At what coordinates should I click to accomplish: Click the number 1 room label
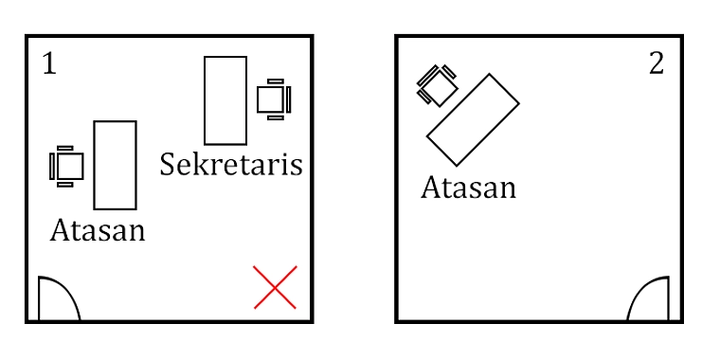coord(49,63)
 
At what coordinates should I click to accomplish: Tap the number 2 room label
coord(657,63)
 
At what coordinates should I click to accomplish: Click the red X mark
coord(275,287)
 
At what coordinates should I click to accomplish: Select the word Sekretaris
coord(231,165)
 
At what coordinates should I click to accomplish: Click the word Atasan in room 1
coord(98,230)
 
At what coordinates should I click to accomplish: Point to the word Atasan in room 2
coord(468,188)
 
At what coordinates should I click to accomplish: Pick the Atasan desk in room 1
coord(116,165)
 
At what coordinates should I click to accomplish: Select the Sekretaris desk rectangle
coord(225,100)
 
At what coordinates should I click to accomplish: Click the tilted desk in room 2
coord(473,119)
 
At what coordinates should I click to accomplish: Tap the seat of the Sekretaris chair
coord(270,99)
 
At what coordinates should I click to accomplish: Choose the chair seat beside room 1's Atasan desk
coord(70,166)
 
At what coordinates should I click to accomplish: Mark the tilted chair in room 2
coord(437,85)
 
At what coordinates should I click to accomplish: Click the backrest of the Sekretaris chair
coord(289,99)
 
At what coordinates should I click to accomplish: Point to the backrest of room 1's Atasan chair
coord(52,166)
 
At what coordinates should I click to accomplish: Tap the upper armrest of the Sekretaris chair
coord(276,81)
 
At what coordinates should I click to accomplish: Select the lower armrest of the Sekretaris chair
coord(276,118)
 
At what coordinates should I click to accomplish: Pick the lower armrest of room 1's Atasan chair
coord(65,185)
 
